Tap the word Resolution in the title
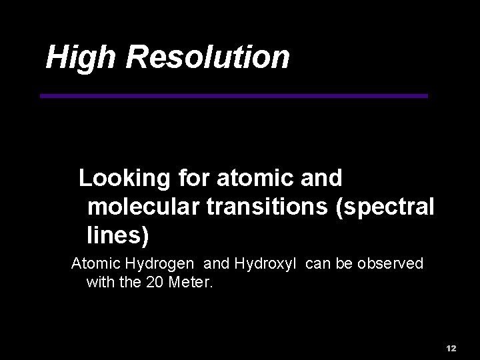point(207,57)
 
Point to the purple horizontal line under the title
point(233,96)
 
